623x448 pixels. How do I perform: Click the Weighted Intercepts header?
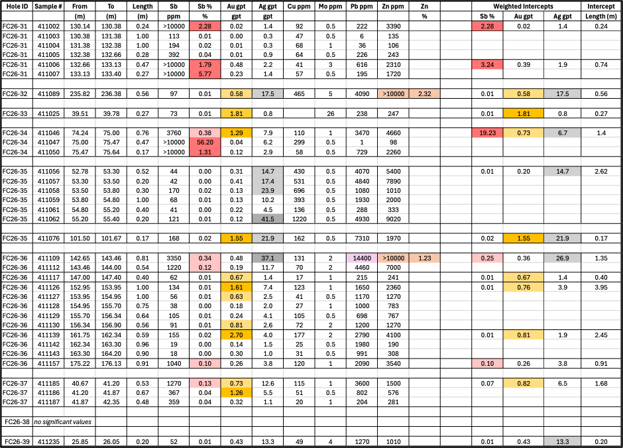pos(523,7)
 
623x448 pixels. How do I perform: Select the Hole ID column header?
pos(17,7)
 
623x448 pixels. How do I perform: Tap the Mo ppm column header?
pos(330,7)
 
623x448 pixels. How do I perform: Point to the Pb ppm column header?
pos(362,7)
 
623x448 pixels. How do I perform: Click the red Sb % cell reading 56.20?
pos(205,142)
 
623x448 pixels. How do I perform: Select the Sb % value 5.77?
pos(205,74)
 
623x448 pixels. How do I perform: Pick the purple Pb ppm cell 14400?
pos(362,258)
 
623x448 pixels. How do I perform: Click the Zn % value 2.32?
pos(424,93)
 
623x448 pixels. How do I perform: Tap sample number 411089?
pos(48,93)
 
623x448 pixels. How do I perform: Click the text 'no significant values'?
pos(63,421)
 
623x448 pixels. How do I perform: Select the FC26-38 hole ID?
pos(17,421)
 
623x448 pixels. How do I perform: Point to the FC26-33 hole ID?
pos(15,113)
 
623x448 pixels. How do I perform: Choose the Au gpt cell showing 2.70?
pos(237,335)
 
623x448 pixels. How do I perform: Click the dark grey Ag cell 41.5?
pos(268,219)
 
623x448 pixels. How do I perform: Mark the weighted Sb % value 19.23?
pos(487,133)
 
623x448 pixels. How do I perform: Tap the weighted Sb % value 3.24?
pos(487,65)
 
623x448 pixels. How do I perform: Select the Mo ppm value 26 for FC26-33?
pos(330,113)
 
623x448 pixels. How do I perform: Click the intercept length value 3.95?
pos(601,287)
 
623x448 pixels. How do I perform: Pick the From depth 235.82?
pos(80,93)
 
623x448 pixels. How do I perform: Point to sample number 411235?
pos(48,441)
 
